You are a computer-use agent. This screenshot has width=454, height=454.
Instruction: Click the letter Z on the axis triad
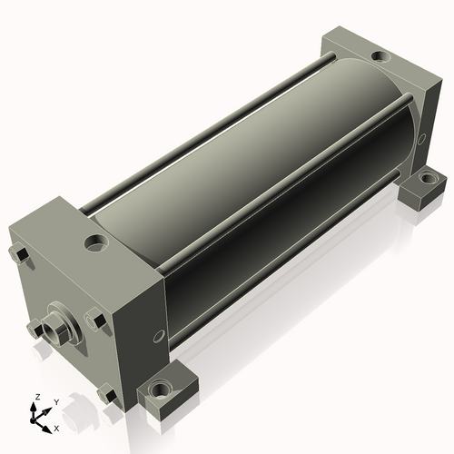tap(38, 397)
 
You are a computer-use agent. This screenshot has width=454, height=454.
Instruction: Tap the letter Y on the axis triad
tap(56, 402)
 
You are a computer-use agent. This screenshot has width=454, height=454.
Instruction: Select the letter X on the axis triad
tap(56, 429)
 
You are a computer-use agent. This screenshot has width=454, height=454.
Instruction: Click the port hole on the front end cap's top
tap(96, 242)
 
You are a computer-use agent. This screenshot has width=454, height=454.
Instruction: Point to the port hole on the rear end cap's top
tap(380, 56)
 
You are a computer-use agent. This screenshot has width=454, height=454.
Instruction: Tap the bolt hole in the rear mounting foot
tap(427, 177)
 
